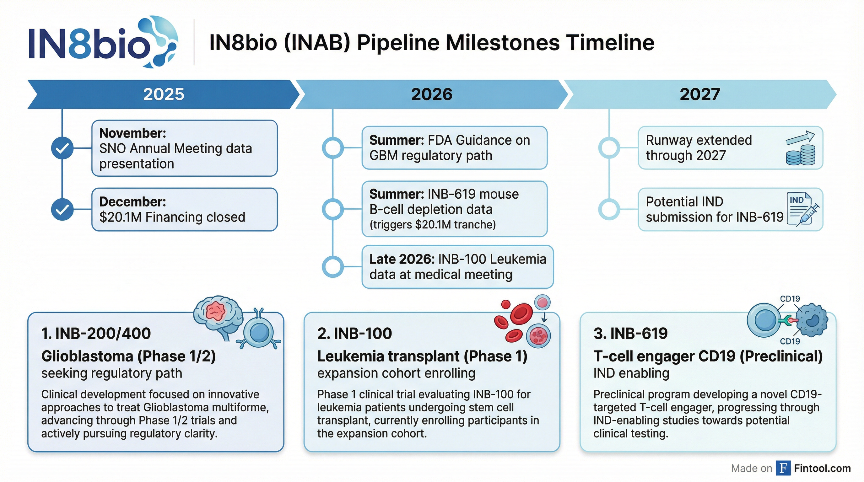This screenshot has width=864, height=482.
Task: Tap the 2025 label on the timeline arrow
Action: pos(164,94)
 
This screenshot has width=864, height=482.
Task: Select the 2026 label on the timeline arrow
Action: pos(432,94)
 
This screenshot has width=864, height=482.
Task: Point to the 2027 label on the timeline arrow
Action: pos(700,94)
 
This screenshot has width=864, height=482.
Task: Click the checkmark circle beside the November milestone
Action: pos(62,148)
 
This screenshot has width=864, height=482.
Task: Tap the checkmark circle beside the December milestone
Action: pos(62,209)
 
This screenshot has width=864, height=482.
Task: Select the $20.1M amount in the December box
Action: pos(121,217)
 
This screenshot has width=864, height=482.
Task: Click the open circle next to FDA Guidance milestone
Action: pos(333,148)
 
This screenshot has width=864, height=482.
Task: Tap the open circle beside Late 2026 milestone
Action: pos(333,267)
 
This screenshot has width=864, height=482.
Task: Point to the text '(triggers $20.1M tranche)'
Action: pos(432,225)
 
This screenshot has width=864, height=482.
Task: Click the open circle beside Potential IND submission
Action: pos(609,209)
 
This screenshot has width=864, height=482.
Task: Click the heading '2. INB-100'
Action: pos(354,334)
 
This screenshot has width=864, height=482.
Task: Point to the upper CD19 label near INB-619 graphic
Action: pos(790,299)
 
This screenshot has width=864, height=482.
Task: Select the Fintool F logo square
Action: pos(783,468)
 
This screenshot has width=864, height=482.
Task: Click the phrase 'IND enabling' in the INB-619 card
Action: pos(631,373)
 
